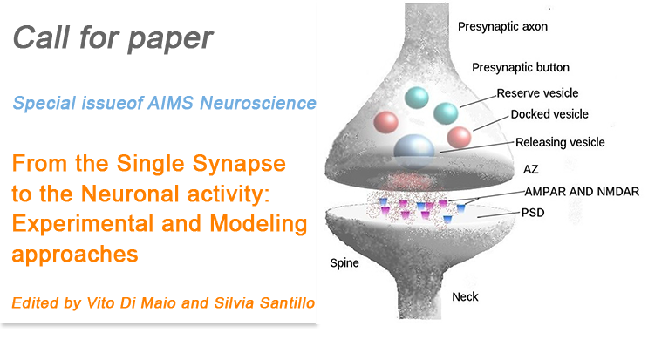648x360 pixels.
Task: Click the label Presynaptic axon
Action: pyautogui.click(x=501, y=26)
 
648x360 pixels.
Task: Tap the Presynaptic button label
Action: pyautogui.click(x=519, y=67)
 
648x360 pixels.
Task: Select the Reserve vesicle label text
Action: pyautogui.click(x=537, y=93)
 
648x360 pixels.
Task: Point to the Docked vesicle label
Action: pyautogui.click(x=549, y=114)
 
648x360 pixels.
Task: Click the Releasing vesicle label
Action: pyautogui.click(x=560, y=142)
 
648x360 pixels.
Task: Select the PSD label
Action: pyautogui.click(x=535, y=212)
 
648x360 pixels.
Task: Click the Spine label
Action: pyautogui.click(x=346, y=262)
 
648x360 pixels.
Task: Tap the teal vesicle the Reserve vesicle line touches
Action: pyautogui.click(x=447, y=112)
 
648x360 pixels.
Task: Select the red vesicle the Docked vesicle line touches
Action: pyautogui.click(x=459, y=136)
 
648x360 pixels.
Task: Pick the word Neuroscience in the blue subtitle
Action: pyautogui.click(x=266, y=103)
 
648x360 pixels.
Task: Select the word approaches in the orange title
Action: pyautogui.click(x=76, y=255)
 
